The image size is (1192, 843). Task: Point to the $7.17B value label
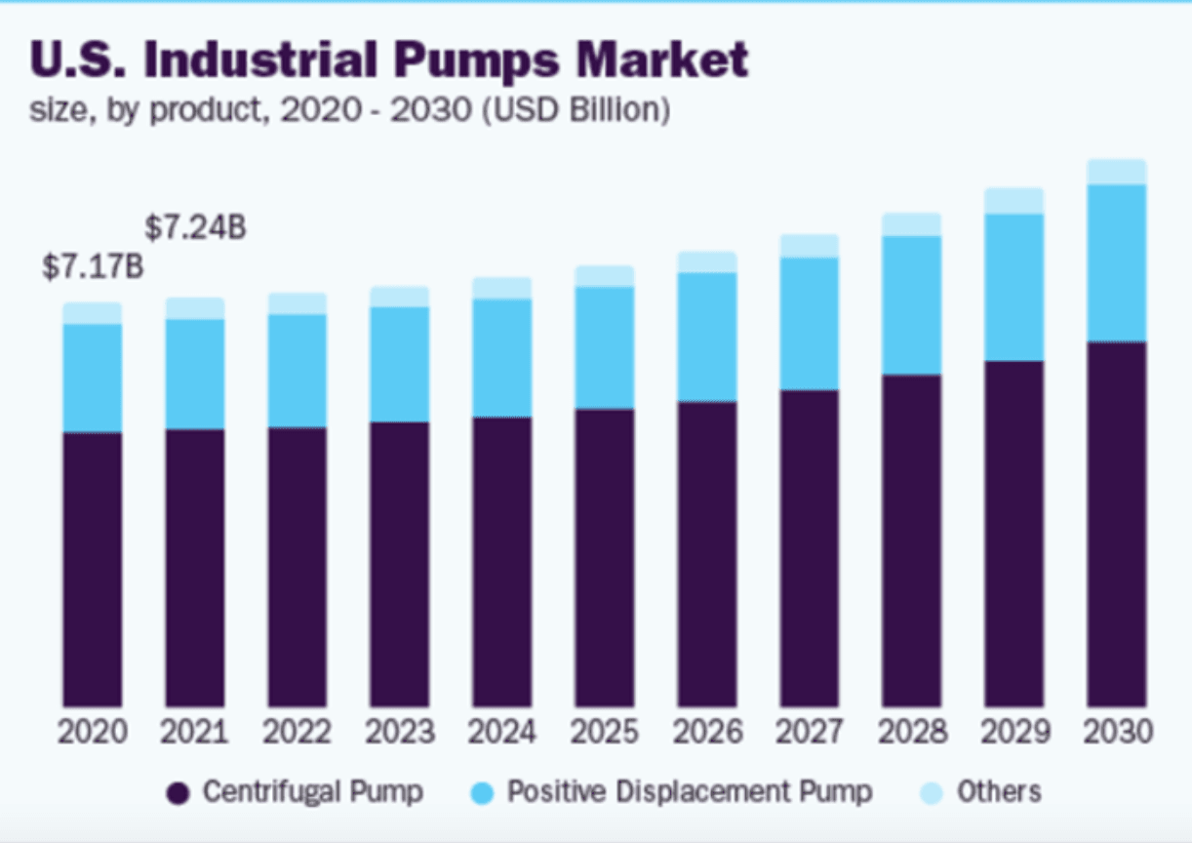[93, 267]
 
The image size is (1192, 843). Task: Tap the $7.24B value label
[195, 228]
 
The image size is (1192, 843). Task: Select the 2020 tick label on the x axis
[93, 732]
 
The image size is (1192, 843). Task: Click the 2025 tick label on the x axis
[604, 732]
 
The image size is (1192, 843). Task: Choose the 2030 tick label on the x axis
[1117, 732]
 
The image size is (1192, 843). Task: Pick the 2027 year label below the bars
[809, 732]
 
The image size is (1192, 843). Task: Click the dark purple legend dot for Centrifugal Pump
[177, 793]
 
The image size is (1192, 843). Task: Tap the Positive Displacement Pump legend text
[689, 791]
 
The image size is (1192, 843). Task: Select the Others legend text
[999, 791]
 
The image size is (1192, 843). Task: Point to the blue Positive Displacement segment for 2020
[93, 378]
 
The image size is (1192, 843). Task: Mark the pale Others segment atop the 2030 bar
[1117, 172]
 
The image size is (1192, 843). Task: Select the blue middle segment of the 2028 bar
[911, 304]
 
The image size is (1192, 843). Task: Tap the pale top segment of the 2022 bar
[298, 303]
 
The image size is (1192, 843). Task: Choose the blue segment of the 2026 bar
[706, 337]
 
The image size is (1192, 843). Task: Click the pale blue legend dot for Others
[934, 793]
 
